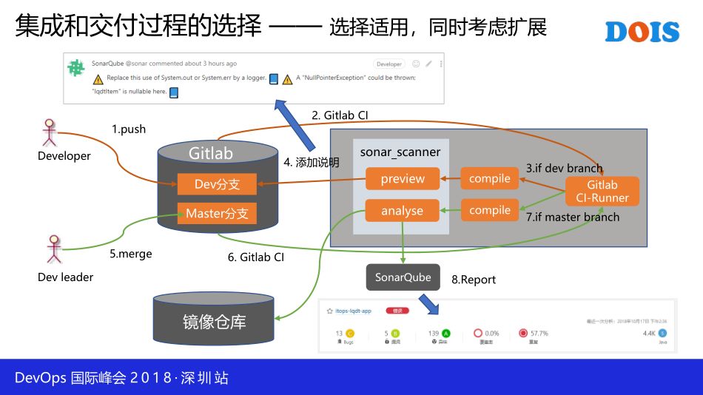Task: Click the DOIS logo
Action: coord(642,31)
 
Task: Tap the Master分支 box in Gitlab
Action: coord(217,214)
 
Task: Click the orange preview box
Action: coord(403,178)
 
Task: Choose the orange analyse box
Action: coord(403,211)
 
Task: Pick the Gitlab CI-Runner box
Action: coord(602,191)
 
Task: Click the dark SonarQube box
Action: coord(403,277)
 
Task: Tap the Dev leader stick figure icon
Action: coord(53,249)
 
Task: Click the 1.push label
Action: coord(129,129)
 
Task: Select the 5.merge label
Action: coord(131,254)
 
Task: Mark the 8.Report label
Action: coord(474,280)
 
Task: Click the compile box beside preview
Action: coord(490,178)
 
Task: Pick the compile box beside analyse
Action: coord(490,210)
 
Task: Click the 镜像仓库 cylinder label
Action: coord(214,322)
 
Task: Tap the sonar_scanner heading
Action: coord(400,152)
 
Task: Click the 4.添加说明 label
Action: coord(311,162)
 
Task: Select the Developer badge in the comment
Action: coord(388,64)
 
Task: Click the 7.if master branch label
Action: coord(573,217)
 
